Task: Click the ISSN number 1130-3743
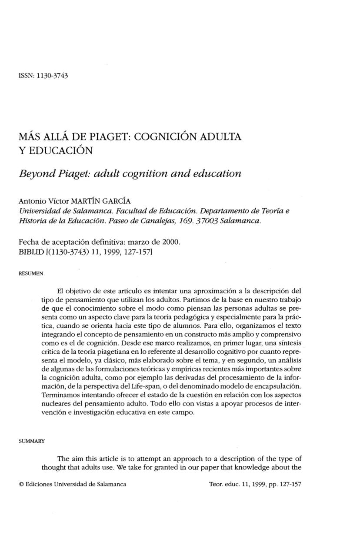[x=52, y=75]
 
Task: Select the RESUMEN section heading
[x=31, y=274]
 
